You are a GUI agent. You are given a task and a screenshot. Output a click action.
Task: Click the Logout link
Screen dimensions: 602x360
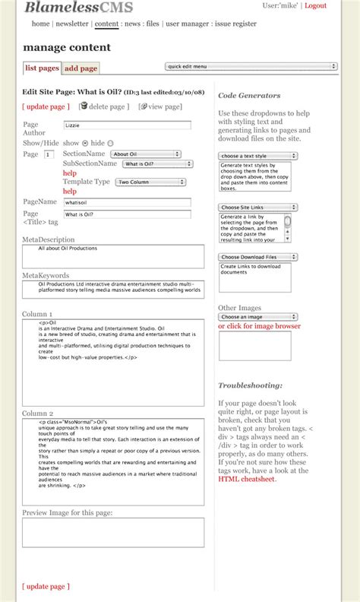(x=315, y=5)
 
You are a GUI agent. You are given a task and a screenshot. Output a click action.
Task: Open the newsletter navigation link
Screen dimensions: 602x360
(x=71, y=24)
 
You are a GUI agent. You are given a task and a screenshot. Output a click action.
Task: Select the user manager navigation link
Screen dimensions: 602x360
(x=187, y=24)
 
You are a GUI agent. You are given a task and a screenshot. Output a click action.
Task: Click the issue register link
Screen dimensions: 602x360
(x=235, y=24)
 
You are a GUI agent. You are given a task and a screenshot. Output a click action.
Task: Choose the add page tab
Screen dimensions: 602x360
(x=81, y=68)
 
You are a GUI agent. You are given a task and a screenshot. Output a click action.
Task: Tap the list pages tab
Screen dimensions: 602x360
(x=42, y=68)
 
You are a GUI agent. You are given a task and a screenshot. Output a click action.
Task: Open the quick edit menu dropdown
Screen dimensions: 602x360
(x=251, y=66)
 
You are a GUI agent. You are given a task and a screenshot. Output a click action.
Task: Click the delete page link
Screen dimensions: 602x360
(x=104, y=106)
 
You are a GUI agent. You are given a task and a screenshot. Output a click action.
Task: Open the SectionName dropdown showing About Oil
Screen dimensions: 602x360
(x=146, y=154)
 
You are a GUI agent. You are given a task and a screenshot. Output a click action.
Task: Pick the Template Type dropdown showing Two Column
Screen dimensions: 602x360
(x=150, y=182)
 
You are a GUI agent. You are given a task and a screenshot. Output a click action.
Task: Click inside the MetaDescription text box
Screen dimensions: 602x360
(x=113, y=255)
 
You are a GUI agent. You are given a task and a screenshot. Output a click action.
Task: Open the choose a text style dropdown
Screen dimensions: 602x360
(x=258, y=156)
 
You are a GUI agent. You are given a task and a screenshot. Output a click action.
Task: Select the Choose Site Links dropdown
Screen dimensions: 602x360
(x=258, y=207)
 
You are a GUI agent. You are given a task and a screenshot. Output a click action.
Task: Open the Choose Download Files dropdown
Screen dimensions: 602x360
(x=258, y=257)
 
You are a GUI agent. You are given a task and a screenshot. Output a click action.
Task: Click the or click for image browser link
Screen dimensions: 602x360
(x=259, y=326)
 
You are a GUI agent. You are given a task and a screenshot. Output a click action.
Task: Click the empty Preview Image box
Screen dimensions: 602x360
(x=113, y=532)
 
